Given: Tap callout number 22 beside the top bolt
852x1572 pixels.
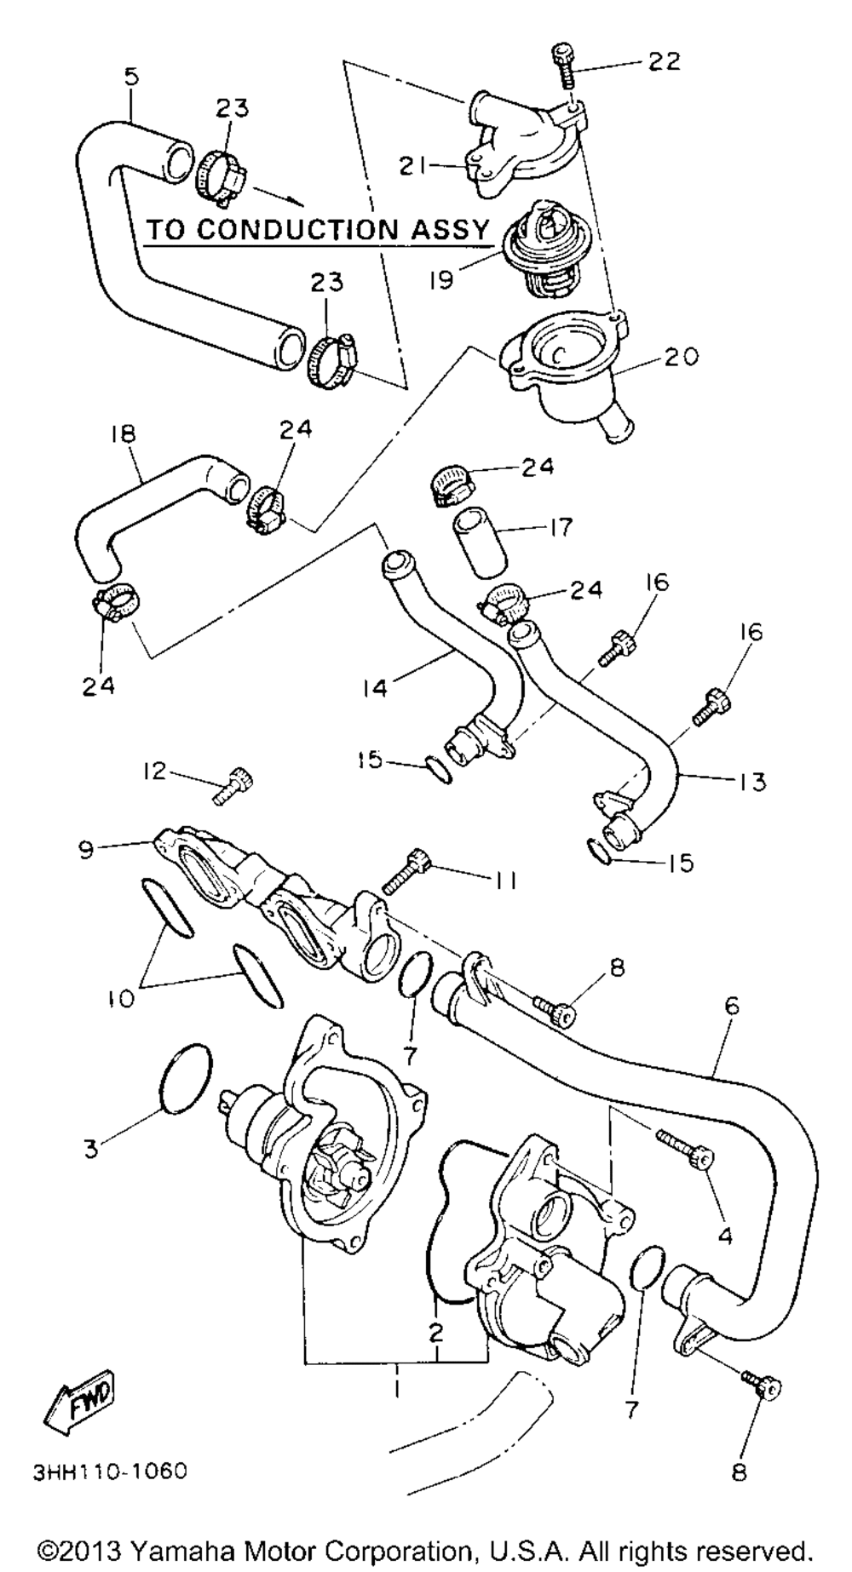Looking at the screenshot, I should click(664, 61).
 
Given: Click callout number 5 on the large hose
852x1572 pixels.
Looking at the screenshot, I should click(130, 77).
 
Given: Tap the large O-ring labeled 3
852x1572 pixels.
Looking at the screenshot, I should click(184, 1080).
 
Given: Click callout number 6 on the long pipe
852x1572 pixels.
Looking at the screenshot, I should click(731, 1007).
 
